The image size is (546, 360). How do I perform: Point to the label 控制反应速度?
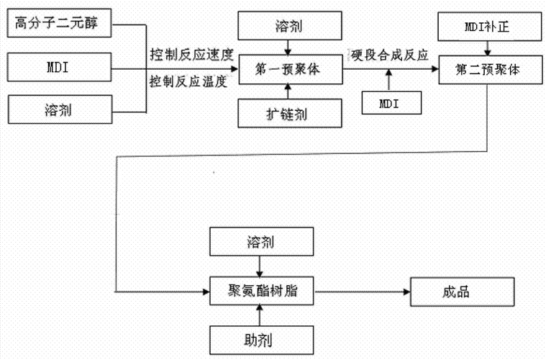(191, 55)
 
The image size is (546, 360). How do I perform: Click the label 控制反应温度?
(191, 81)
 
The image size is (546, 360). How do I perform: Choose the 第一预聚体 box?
(288, 69)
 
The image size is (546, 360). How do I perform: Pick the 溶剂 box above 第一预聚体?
(288, 27)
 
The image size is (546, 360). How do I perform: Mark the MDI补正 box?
(488, 27)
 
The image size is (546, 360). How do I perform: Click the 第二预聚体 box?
(488, 70)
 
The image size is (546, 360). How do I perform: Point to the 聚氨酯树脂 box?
(261, 292)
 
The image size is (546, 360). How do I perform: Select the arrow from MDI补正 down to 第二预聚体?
(488, 49)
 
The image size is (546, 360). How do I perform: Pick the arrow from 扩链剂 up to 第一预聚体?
(288, 91)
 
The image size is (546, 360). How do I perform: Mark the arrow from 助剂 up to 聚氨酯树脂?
(261, 314)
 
